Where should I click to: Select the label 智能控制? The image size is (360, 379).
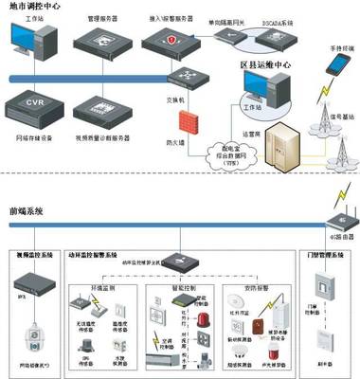[x=177, y=282]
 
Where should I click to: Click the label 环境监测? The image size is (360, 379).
[x=101, y=282]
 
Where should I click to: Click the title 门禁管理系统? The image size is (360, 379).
[x=322, y=255]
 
